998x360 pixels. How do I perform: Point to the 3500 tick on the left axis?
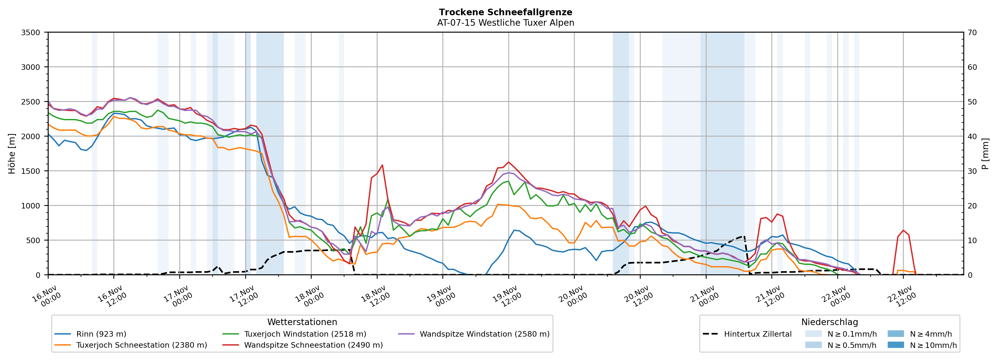point(31,33)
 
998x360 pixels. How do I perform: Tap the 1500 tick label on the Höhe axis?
point(31,171)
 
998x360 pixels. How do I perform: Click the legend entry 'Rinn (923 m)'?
point(101,334)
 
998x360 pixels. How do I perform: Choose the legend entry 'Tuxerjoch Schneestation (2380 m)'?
point(142,345)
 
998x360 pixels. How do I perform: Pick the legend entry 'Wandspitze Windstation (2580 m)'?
point(484,334)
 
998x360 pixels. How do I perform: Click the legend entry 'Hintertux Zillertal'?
point(757,334)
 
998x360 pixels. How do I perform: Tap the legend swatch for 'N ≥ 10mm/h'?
point(895,345)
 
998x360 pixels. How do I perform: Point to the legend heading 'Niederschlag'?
point(829,322)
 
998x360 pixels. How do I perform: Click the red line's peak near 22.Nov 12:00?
point(903,230)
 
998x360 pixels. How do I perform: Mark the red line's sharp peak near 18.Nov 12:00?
point(382,165)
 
